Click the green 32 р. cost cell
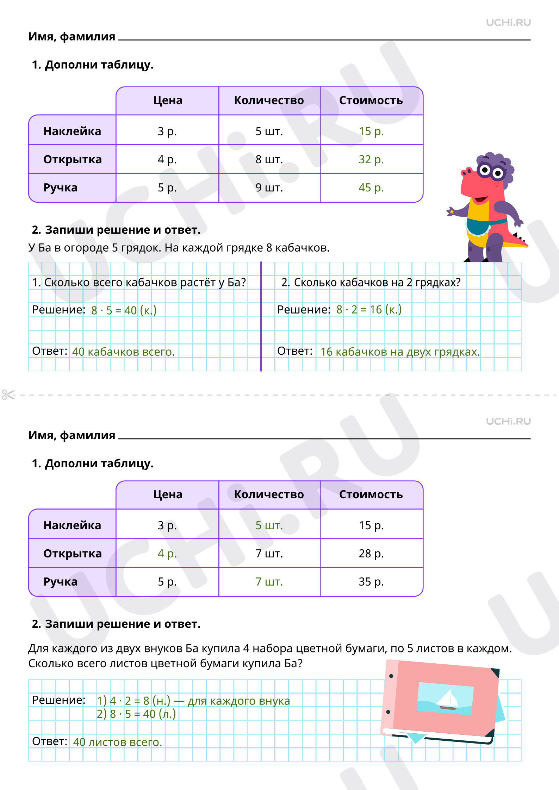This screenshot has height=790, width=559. [371, 159]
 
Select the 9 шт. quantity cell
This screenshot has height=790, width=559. [269, 188]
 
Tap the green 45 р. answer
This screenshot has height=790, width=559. [371, 188]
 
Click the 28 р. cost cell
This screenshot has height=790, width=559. [371, 554]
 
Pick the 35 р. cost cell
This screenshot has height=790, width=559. [371, 582]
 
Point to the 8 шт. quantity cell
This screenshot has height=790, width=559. [269, 159]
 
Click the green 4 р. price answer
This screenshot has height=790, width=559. [167, 554]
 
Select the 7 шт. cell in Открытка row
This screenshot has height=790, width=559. [269, 554]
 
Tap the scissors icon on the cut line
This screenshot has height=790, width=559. [8, 394]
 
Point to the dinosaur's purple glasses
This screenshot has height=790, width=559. [491, 171]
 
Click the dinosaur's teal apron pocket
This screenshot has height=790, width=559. [478, 227]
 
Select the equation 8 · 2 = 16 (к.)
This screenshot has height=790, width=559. [369, 310]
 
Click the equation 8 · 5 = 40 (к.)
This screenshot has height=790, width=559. [124, 310]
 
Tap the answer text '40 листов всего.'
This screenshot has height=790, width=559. [117, 742]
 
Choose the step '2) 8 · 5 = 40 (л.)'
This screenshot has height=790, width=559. [136, 714]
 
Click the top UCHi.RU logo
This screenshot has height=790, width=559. [508, 23]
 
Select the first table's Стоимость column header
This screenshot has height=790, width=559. [371, 101]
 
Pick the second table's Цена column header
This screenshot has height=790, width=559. [168, 495]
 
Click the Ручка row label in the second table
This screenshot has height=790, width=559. [60, 582]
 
